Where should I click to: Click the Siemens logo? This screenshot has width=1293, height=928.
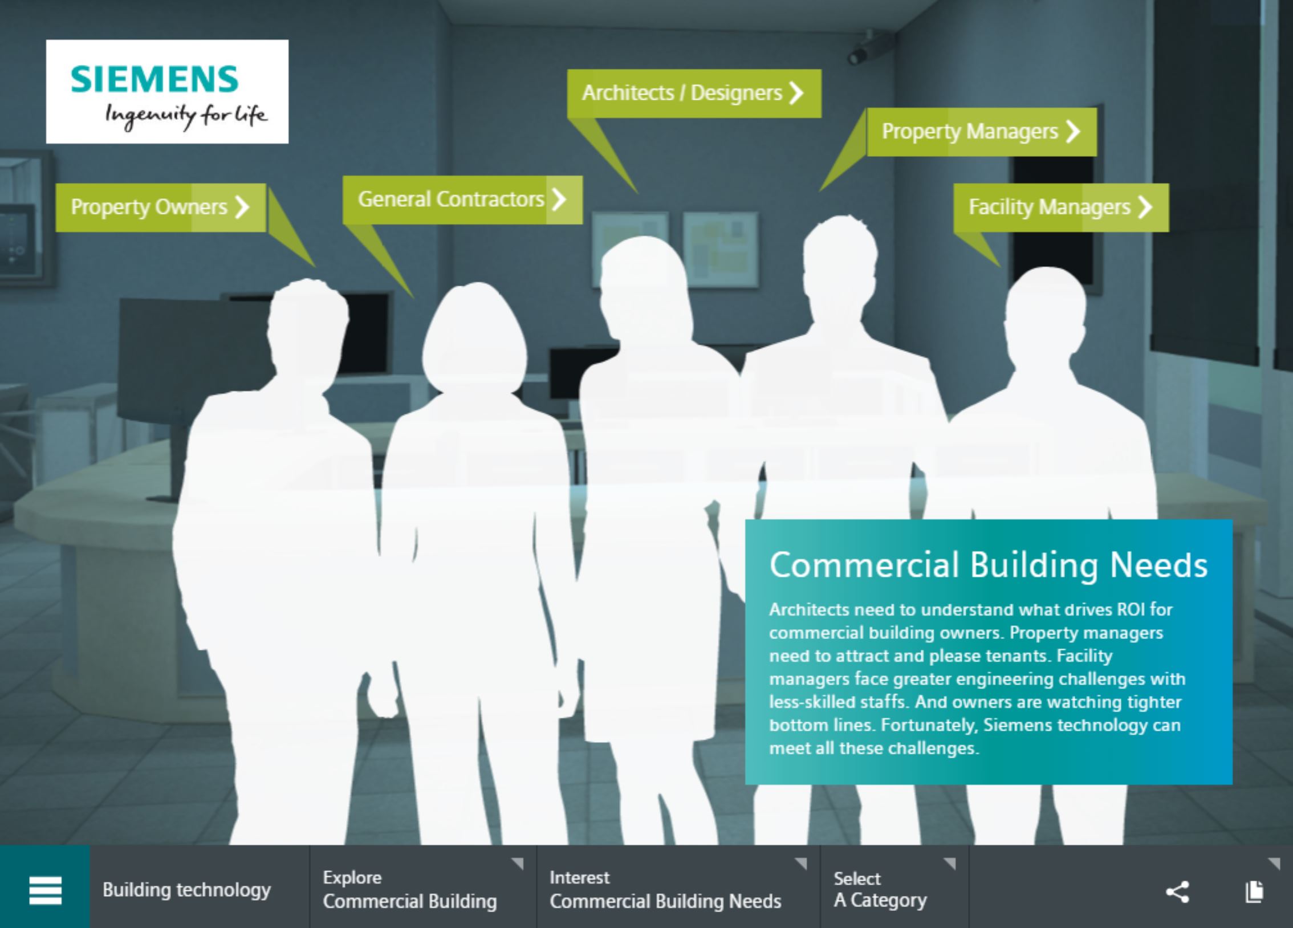pyautogui.click(x=167, y=91)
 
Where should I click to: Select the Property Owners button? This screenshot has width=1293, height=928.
pyautogui.click(x=161, y=207)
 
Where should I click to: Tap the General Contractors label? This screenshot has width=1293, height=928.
pyautogui.click(x=462, y=200)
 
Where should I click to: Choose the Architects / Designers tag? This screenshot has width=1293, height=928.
pyautogui.click(x=694, y=93)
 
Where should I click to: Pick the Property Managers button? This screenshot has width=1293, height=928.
pyautogui.click(x=981, y=132)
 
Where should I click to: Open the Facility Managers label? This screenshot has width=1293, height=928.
pyautogui.click(x=1061, y=207)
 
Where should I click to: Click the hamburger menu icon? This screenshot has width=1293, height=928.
pyautogui.click(x=45, y=890)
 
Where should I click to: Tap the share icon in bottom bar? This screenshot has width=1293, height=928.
pyautogui.click(x=1177, y=892)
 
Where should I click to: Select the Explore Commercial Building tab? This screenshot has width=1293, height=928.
pyautogui.click(x=423, y=887)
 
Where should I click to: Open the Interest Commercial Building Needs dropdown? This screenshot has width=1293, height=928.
pyautogui.click(x=678, y=887)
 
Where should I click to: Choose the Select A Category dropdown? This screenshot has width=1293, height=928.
pyautogui.click(x=894, y=887)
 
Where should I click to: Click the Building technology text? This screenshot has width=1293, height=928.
pyautogui.click(x=186, y=890)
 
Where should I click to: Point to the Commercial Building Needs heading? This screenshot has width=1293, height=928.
pyautogui.click(x=989, y=565)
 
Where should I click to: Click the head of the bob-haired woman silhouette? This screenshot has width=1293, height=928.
pyautogui.click(x=474, y=339)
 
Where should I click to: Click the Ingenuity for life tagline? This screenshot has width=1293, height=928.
pyautogui.click(x=186, y=116)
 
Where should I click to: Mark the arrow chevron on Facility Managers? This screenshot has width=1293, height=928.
pyautogui.click(x=1145, y=207)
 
